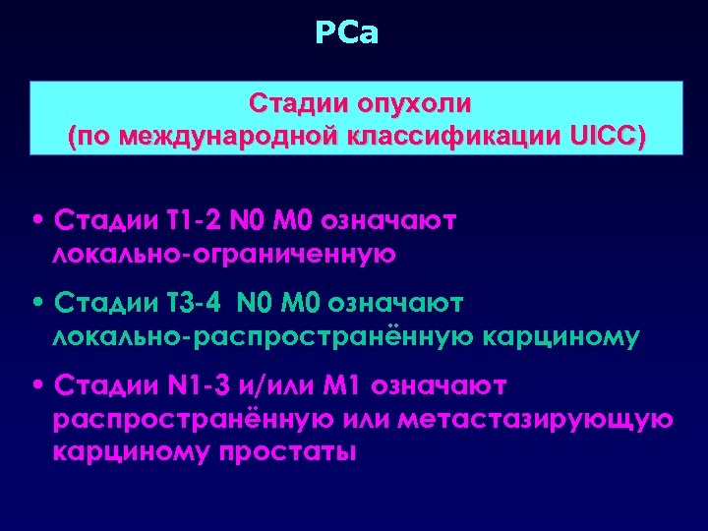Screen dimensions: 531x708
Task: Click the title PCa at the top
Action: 347,34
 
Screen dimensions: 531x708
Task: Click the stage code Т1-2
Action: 176,218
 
